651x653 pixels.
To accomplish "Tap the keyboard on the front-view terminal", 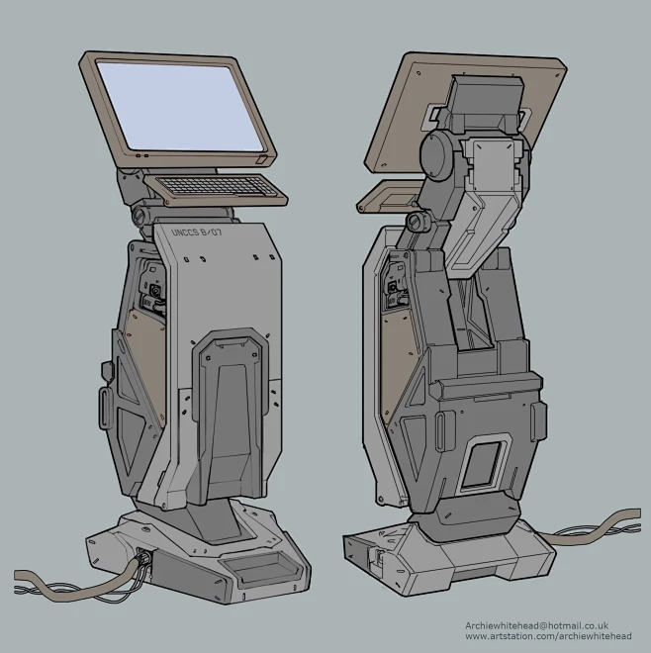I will [x=209, y=185].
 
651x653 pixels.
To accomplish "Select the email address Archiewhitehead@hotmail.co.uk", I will [x=535, y=626].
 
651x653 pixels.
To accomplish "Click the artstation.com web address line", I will [x=547, y=638].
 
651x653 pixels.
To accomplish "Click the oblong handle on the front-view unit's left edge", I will [x=105, y=406].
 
